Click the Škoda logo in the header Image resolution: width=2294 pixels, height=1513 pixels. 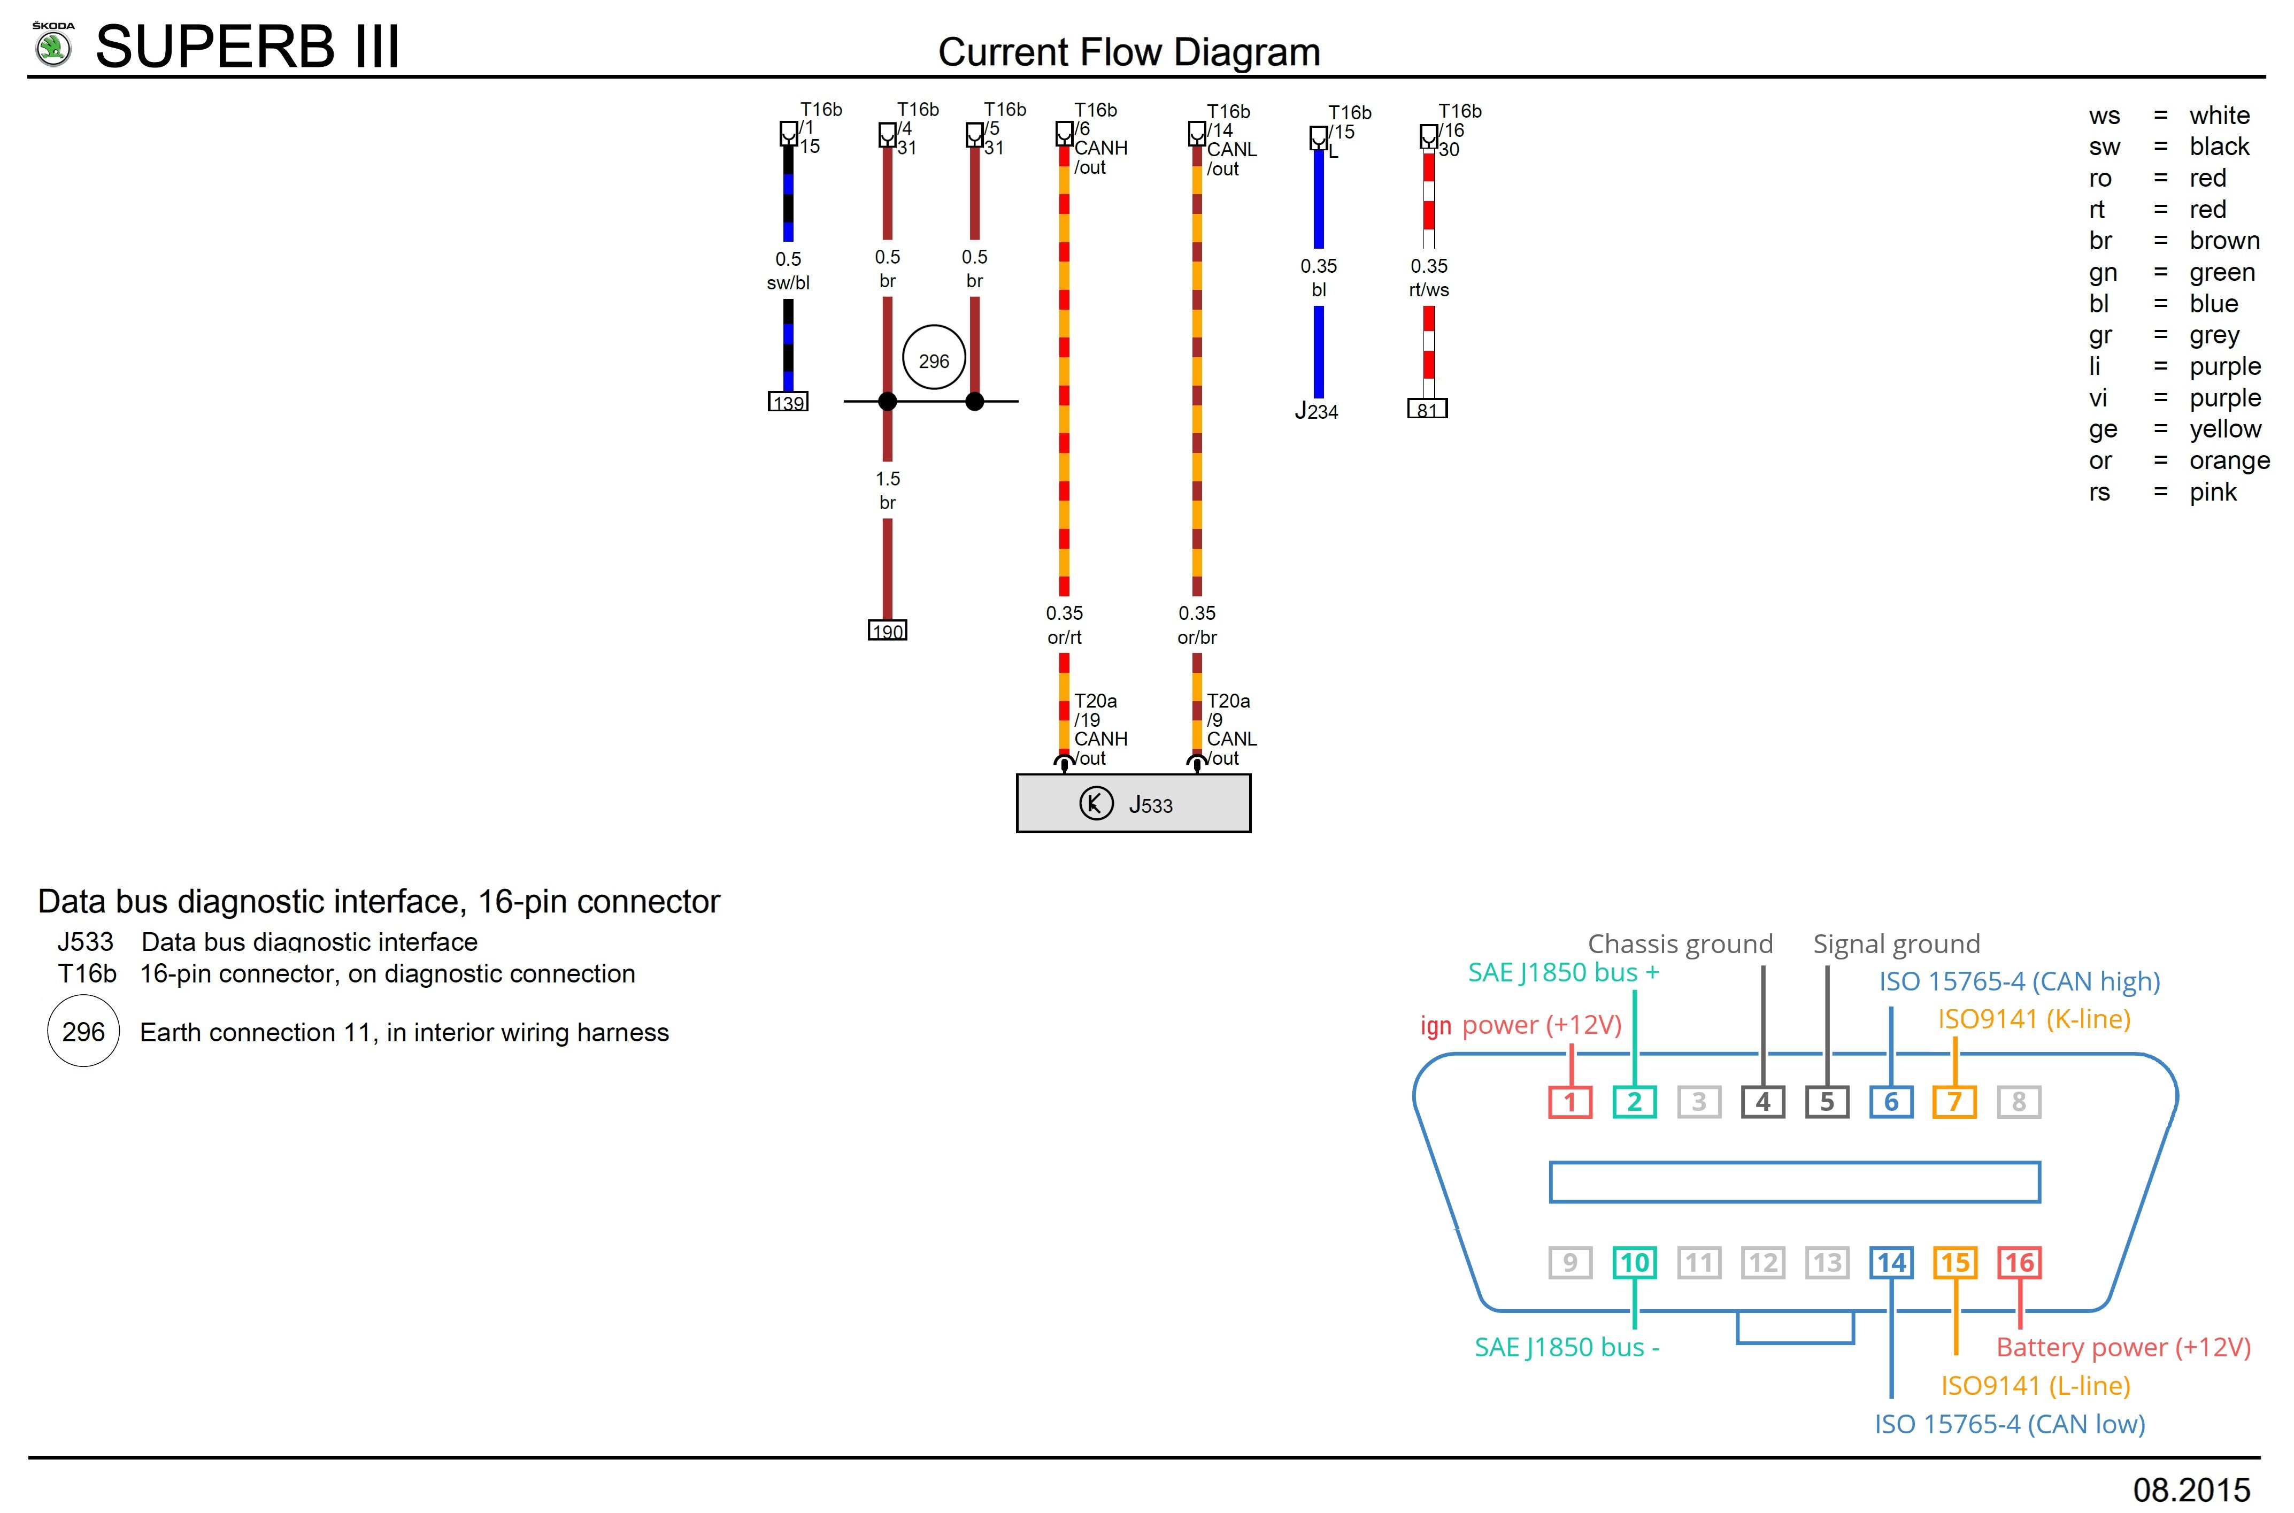point(53,45)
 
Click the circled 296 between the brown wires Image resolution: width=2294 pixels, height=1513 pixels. point(933,360)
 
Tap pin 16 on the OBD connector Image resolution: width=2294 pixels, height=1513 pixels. point(2018,1262)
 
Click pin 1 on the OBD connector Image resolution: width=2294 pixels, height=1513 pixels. point(1569,1102)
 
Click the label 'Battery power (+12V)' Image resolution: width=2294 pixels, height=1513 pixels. point(2122,1347)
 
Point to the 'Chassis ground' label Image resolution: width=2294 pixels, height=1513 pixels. point(1680,944)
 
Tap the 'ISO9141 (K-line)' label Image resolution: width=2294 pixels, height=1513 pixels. point(2034,1019)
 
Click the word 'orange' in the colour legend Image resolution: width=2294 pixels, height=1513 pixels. point(2228,460)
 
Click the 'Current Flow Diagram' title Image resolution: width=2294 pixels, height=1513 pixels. point(1129,52)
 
